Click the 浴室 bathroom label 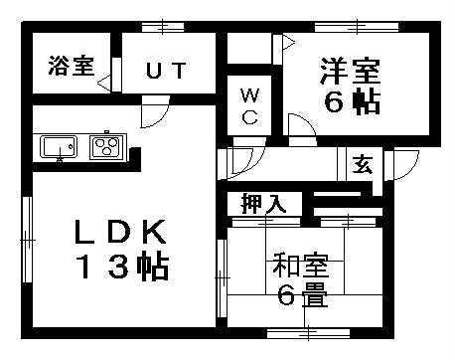click(x=70, y=67)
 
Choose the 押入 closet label click(x=263, y=204)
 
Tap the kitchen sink click(x=59, y=147)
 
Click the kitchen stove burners click(x=105, y=147)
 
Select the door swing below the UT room click(x=152, y=115)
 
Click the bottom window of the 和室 click(x=297, y=331)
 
